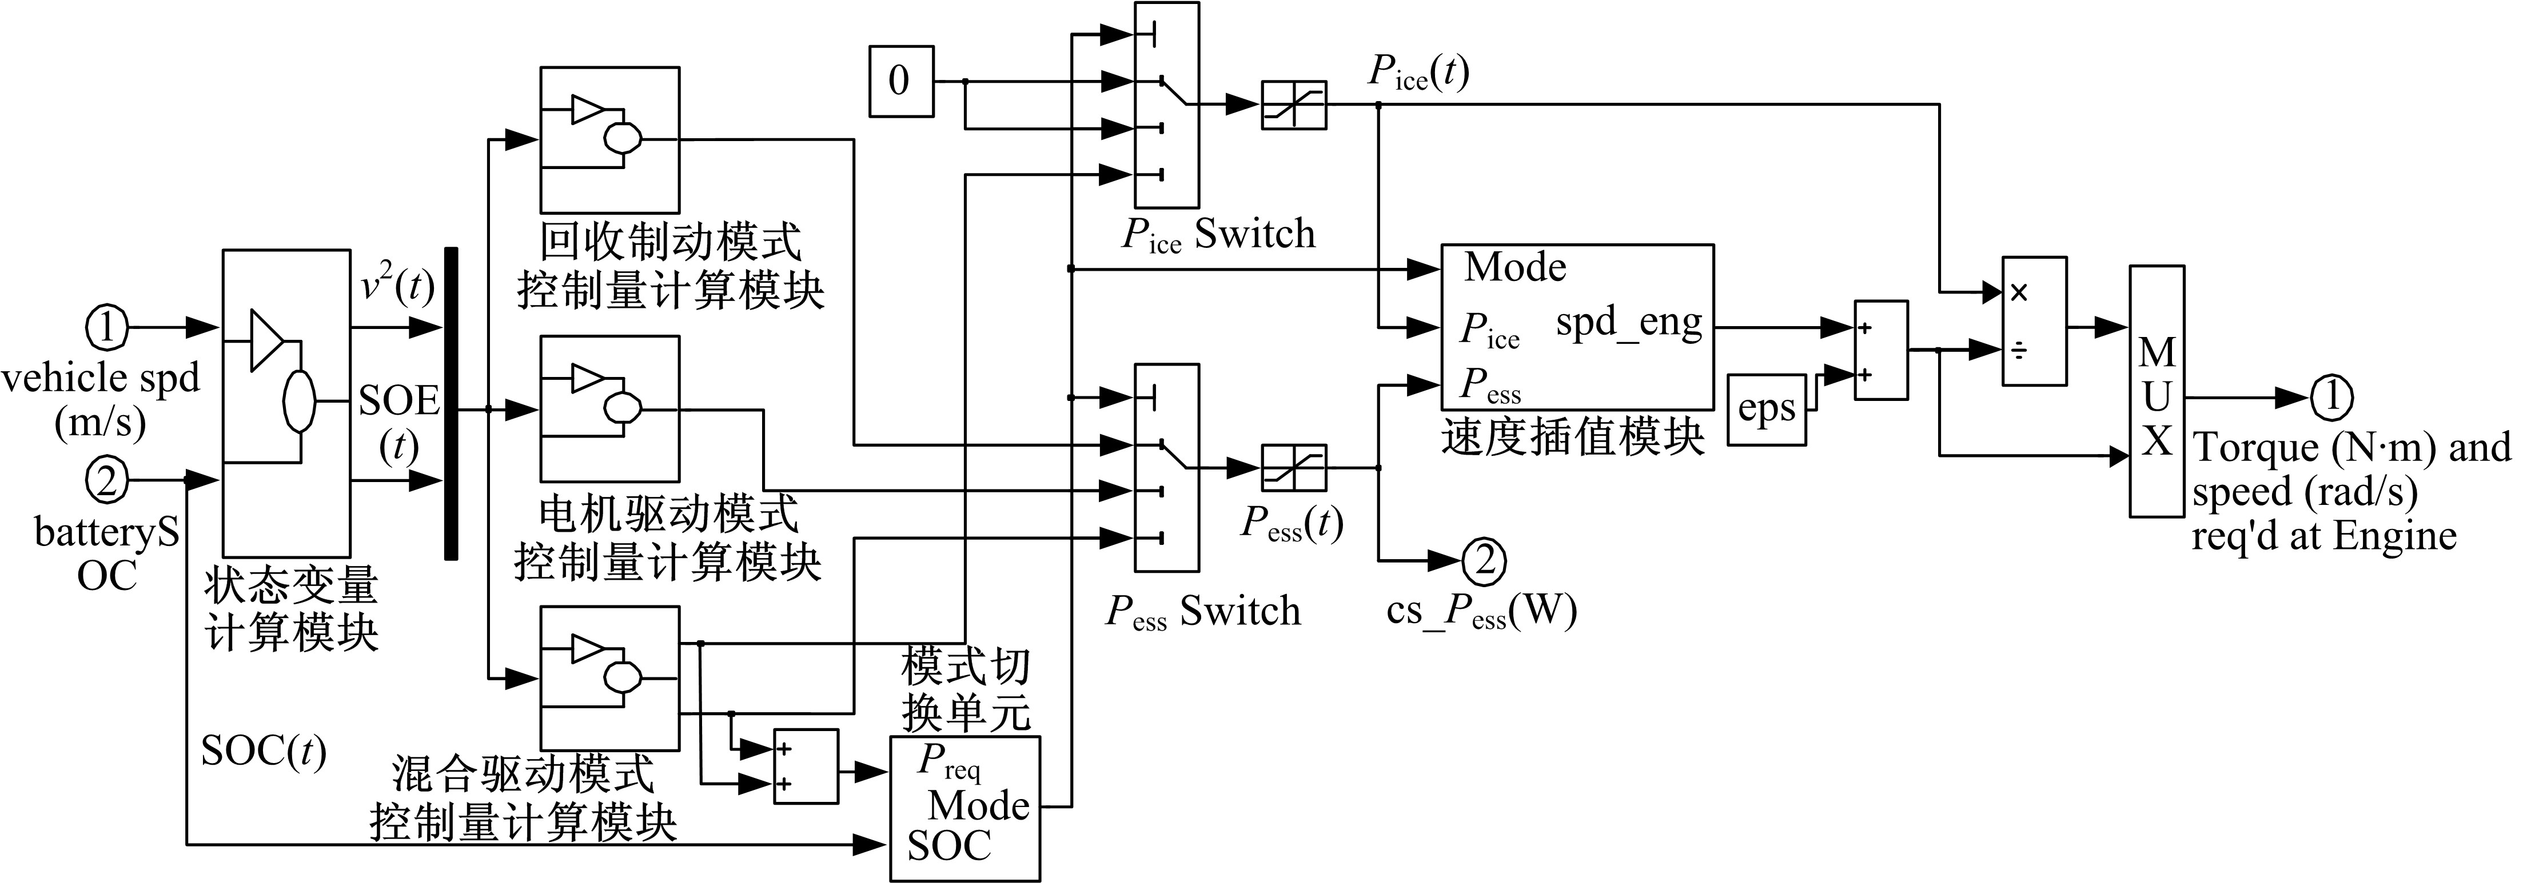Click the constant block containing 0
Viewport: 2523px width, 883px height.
pos(900,81)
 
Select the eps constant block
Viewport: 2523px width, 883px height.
pos(1766,409)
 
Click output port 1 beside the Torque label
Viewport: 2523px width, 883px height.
pos(2331,398)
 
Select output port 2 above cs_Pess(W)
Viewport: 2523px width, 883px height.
pos(1484,561)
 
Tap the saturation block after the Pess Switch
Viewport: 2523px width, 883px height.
pos(1293,468)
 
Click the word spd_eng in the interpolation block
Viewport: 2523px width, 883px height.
pos(1629,323)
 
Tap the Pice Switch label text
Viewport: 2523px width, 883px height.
pos(1218,235)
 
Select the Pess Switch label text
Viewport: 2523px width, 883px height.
pos(1203,612)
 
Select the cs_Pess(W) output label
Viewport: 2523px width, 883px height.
pos(1481,612)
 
